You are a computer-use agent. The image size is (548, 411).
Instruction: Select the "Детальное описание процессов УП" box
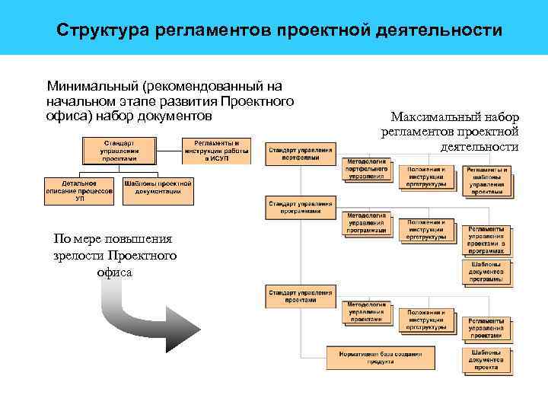[80, 190]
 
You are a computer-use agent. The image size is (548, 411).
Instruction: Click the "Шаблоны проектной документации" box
[158, 188]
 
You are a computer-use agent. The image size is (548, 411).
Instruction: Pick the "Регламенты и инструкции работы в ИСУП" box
[215, 149]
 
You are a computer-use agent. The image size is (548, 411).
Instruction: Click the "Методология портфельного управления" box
[368, 170]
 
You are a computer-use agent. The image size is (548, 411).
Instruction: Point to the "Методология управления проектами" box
[368, 313]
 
